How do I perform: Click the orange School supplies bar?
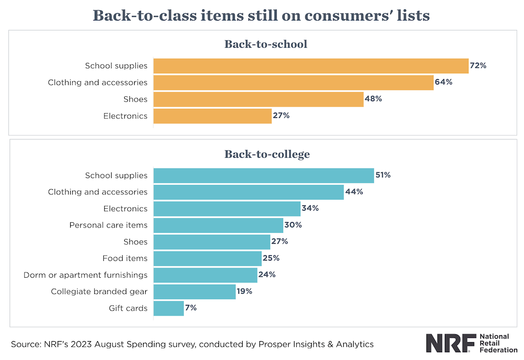pyautogui.click(x=310, y=66)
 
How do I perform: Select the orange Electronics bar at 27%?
pyautogui.click(x=212, y=116)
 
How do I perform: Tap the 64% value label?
pyautogui.click(x=443, y=82)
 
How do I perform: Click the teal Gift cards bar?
pyautogui.click(x=168, y=308)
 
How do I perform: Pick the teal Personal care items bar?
pyautogui.click(x=218, y=225)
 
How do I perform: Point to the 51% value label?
pyautogui.click(x=383, y=175)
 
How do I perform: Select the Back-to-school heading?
pyautogui.click(x=266, y=44)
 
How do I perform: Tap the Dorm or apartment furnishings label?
pyautogui.click(x=85, y=275)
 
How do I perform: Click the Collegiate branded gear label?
pyautogui.click(x=99, y=291)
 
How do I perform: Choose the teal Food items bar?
pyautogui.click(x=207, y=258)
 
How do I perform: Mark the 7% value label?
pyautogui.click(x=191, y=308)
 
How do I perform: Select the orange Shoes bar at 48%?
pyautogui.click(x=258, y=99)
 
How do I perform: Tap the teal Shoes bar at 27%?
pyautogui.click(x=212, y=242)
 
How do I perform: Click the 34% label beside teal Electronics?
pyautogui.click(x=310, y=208)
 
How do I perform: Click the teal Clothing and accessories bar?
pyautogui.click(x=248, y=192)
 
